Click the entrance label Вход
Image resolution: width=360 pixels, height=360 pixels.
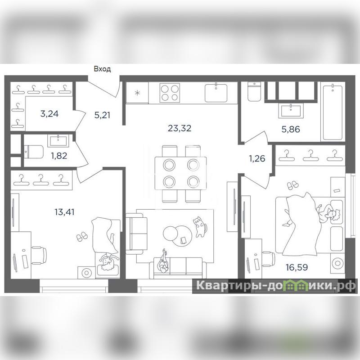point(103,69)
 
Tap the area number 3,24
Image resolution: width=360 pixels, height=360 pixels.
point(49,114)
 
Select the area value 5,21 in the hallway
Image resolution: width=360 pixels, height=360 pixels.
point(102,115)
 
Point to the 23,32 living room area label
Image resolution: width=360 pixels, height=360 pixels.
point(180,128)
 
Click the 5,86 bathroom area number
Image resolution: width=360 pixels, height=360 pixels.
point(291,130)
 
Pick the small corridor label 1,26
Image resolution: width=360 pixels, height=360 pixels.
point(257,158)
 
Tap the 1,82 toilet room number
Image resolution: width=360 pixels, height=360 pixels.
point(59,156)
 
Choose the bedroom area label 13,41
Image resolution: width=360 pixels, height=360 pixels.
point(64,212)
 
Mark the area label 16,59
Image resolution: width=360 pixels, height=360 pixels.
point(297,267)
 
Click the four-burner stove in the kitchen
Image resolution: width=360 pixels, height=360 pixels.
point(170,93)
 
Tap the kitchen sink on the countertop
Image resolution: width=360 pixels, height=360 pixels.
point(216,93)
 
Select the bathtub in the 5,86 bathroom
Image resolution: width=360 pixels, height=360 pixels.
point(333,112)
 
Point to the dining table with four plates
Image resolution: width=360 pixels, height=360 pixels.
point(180,173)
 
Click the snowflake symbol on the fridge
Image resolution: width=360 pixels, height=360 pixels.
point(137,93)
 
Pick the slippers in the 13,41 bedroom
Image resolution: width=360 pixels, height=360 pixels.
point(82,237)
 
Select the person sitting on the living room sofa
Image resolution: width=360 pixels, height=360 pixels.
point(163,262)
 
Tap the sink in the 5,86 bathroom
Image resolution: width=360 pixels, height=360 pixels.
point(291,111)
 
